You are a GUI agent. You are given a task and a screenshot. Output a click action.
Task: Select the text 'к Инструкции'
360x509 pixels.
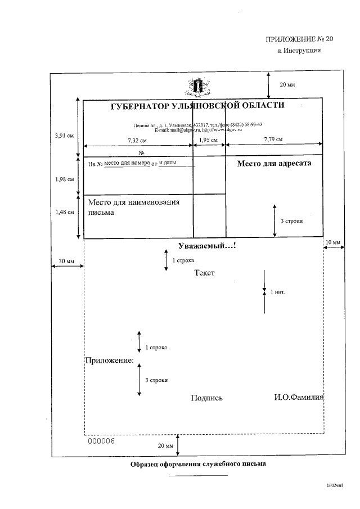point(299,51)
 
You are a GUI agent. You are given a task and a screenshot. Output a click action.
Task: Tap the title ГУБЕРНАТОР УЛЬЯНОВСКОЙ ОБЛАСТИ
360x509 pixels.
point(197,106)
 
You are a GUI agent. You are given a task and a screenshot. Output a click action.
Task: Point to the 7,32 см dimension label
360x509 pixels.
point(137,139)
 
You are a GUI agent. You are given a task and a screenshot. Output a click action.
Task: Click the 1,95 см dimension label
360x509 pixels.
point(209,139)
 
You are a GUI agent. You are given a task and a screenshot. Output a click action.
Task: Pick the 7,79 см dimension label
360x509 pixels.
point(273,139)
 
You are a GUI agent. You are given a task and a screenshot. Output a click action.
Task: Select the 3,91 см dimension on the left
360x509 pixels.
point(64,135)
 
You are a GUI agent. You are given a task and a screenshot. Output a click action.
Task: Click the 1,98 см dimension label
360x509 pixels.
point(64,179)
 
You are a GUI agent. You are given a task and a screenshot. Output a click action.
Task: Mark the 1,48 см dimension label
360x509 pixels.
point(64,212)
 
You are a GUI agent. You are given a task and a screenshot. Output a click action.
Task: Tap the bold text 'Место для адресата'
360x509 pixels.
point(274,164)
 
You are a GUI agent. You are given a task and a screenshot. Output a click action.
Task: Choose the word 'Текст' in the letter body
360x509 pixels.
point(205,273)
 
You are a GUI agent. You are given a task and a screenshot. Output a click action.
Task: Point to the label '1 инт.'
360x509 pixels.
point(278,292)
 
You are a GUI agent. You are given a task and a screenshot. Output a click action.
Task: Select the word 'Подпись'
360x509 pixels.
point(206,398)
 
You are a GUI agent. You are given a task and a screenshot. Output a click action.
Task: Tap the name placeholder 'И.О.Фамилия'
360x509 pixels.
point(299,398)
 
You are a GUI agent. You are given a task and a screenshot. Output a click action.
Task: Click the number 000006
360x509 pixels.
point(102,441)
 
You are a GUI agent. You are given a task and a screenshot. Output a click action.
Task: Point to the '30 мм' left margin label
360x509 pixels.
point(66,262)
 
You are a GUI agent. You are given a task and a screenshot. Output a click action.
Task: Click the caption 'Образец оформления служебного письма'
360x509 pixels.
point(197,465)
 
